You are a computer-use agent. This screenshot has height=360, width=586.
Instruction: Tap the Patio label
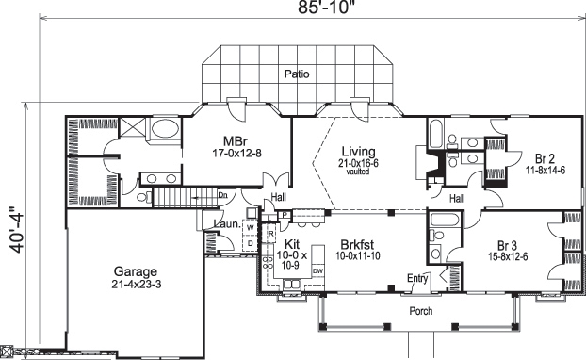pyautogui.click(x=298, y=73)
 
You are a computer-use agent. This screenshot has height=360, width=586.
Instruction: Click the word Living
pyautogui.click(x=358, y=152)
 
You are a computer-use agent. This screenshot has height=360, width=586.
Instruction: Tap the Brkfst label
pyautogui.click(x=359, y=243)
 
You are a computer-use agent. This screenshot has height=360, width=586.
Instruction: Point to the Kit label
pyautogui.click(x=291, y=243)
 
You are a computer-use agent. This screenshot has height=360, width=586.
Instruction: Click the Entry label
pyautogui.click(x=417, y=278)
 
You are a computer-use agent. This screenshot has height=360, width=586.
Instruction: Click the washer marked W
pyautogui.click(x=250, y=227)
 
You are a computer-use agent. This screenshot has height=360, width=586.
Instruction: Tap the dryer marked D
pyautogui.click(x=250, y=242)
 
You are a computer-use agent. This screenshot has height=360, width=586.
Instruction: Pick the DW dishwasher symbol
pyautogui.click(x=318, y=270)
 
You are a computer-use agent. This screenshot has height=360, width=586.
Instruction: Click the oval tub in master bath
pyautogui.click(x=166, y=131)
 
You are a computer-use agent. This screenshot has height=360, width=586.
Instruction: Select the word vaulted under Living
pyautogui.click(x=358, y=173)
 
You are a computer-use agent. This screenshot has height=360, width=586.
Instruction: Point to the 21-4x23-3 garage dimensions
pyautogui.click(x=136, y=285)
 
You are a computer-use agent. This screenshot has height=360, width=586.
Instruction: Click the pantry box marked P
pyautogui.click(x=285, y=215)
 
